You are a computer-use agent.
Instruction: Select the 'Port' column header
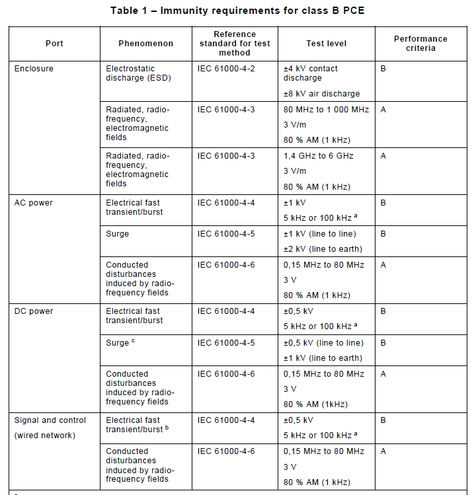pyautogui.click(x=54, y=44)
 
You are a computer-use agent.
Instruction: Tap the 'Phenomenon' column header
pyautogui.click(x=145, y=44)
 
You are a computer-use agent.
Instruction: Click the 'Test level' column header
pyautogui.click(x=326, y=44)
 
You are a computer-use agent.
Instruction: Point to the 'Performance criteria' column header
pyautogui.click(x=420, y=44)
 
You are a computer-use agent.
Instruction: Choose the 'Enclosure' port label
pyautogui.click(x=34, y=69)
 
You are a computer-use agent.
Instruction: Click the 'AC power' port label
pyautogui.click(x=34, y=203)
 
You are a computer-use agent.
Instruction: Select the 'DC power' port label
pyautogui.click(x=34, y=311)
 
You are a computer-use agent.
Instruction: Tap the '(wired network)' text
pyautogui.click(x=45, y=435)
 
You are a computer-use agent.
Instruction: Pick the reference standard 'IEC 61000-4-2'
pyautogui.click(x=225, y=69)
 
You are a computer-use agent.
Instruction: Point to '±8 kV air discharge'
pyautogui.click(x=322, y=94)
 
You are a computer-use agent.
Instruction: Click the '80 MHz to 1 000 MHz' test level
pyautogui.click(x=326, y=110)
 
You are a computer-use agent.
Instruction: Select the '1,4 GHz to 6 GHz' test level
pyautogui.click(x=319, y=156)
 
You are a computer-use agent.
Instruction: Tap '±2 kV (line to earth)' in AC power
pyautogui.click(x=323, y=249)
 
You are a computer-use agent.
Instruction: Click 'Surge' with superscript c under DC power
pyautogui.click(x=120, y=343)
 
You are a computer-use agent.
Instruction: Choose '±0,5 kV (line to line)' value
pyautogui.click(x=323, y=343)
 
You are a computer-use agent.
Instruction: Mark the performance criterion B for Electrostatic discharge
pyautogui.click(x=383, y=69)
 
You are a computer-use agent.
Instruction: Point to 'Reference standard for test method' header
pyautogui.click(x=235, y=44)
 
